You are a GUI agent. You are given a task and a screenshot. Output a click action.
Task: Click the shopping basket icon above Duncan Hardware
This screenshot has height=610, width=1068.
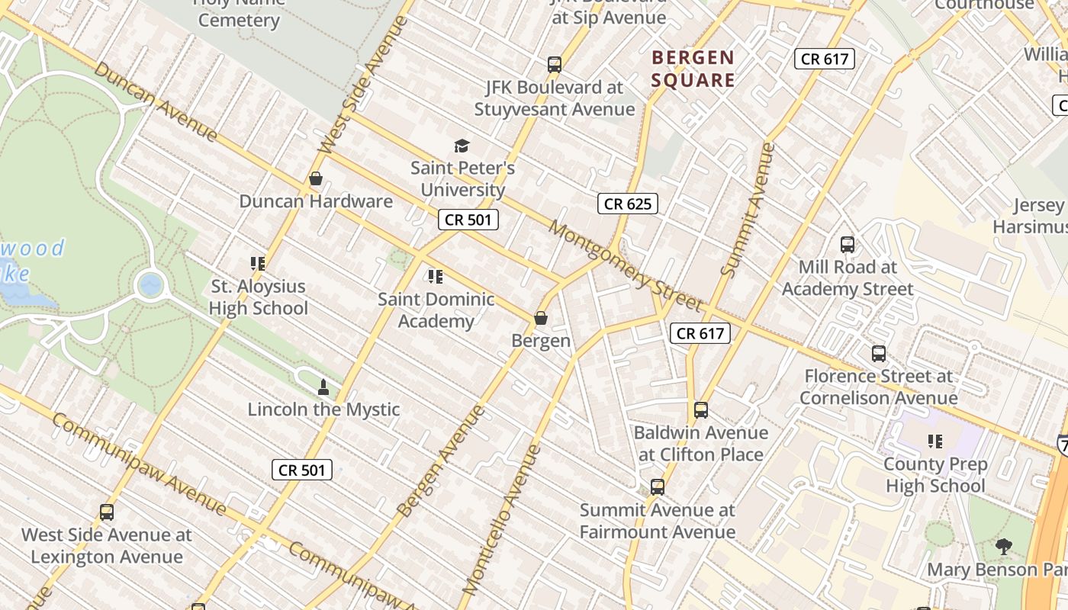click(x=316, y=179)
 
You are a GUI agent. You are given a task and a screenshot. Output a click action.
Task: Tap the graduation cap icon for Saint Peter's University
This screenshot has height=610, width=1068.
click(x=462, y=146)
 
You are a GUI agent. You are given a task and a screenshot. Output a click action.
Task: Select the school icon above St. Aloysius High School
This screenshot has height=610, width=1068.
click(x=258, y=264)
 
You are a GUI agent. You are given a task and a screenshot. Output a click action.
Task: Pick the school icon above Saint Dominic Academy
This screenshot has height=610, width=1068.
click(x=436, y=277)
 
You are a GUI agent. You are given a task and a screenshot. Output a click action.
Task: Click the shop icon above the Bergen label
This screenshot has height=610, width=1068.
click(x=541, y=318)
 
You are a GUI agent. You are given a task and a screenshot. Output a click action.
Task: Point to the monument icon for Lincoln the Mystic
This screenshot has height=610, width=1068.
click(x=323, y=387)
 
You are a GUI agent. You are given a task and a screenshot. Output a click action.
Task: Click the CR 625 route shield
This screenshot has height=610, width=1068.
click(x=628, y=204)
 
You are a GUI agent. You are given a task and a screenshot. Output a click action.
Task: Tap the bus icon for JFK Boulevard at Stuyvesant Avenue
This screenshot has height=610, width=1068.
click(x=555, y=65)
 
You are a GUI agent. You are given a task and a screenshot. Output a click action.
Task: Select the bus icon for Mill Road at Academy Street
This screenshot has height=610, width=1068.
click(x=848, y=245)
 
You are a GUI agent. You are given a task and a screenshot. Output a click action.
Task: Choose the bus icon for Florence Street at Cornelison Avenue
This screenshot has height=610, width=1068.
click(x=879, y=354)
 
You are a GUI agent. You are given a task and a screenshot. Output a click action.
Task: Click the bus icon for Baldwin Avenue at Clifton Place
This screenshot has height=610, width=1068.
click(x=701, y=410)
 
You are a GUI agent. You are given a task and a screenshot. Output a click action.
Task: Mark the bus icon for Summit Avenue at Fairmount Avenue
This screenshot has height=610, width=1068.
click(x=658, y=487)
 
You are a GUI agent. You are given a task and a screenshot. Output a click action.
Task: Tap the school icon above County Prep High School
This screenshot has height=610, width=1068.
click(x=935, y=441)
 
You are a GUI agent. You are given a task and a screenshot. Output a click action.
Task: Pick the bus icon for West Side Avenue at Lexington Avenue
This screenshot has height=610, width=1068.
click(x=107, y=512)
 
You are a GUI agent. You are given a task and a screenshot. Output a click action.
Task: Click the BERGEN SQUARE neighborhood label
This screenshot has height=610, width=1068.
click(x=693, y=69)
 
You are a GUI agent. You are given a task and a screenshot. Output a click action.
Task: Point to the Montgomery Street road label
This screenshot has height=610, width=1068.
click(x=624, y=266)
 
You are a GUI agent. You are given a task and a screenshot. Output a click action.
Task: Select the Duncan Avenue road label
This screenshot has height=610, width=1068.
click(x=156, y=101)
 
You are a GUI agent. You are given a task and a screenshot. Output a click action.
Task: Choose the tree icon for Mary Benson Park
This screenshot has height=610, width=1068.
click(x=1004, y=546)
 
